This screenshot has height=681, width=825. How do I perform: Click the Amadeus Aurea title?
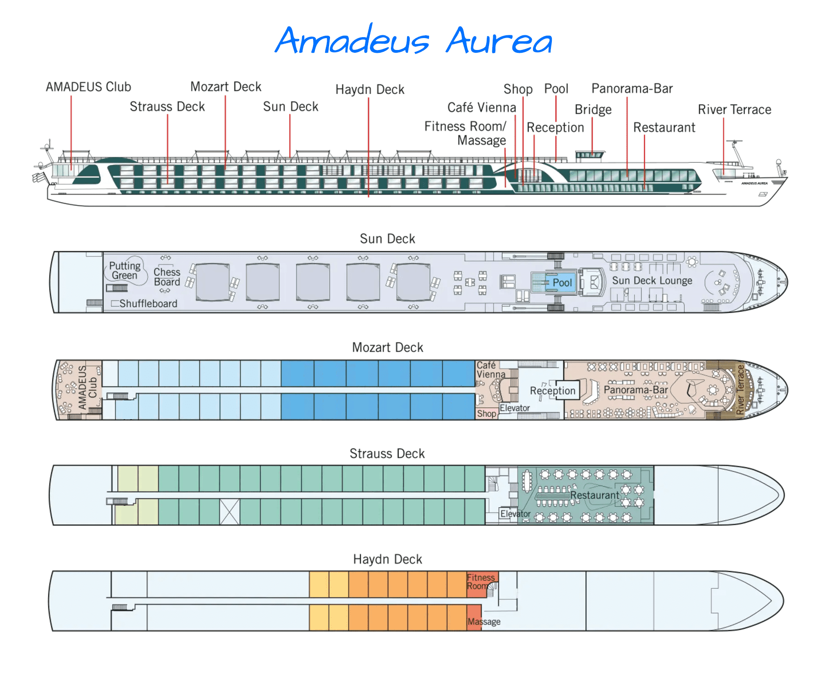(x=413, y=40)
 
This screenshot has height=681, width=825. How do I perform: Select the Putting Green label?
(x=124, y=271)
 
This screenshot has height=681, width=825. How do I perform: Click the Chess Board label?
(x=167, y=277)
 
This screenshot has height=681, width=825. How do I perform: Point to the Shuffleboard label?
(x=148, y=304)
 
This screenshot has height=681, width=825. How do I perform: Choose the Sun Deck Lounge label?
(x=652, y=281)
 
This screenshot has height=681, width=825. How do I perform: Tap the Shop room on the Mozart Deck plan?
(x=486, y=414)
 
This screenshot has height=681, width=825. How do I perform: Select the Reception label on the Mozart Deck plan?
(x=552, y=391)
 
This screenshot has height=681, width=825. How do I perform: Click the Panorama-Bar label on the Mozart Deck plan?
(x=636, y=390)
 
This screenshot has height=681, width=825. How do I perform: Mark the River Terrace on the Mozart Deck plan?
(x=740, y=390)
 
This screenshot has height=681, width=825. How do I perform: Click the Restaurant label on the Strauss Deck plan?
(x=594, y=495)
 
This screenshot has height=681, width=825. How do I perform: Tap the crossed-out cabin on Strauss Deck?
(x=230, y=512)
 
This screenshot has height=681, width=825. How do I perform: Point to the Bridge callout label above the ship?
(x=593, y=110)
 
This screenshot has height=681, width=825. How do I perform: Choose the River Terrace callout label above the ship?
(x=734, y=110)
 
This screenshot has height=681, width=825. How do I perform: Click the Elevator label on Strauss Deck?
(x=515, y=514)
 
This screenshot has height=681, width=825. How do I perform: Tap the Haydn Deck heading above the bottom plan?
(x=387, y=559)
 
